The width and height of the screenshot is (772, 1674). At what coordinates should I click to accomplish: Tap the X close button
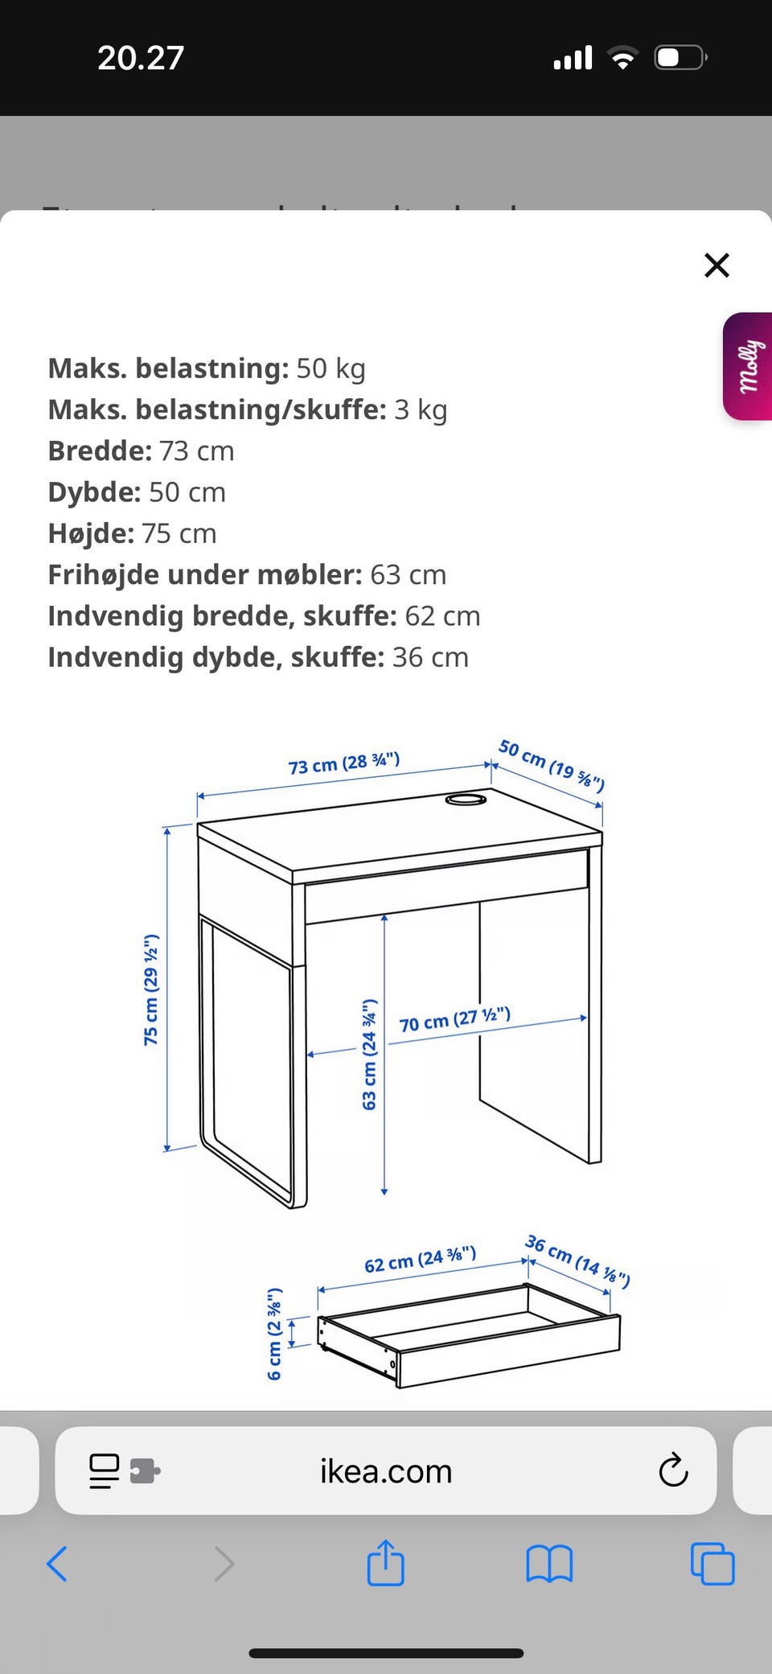coord(717,265)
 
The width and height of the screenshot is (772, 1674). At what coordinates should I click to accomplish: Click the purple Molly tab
coord(748,366)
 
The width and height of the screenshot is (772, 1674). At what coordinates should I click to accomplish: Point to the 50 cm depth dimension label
coord(552,765)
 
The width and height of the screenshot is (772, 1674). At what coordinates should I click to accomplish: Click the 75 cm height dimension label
coord(151,989)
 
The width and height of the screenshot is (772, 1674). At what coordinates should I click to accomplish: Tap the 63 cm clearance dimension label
coord(369,1055)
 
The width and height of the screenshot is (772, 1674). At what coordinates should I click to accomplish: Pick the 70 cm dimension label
coord(455,1020)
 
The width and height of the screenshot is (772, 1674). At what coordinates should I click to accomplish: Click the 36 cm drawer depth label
coord(577,1261)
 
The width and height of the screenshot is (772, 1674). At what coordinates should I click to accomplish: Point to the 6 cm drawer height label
coord(274,1334)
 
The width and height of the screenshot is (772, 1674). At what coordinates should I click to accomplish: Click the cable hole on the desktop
coord(466,800)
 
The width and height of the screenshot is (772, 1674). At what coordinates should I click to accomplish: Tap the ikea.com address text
coord(386,1471)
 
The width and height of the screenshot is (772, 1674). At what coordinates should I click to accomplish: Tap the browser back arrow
coord(57,1564)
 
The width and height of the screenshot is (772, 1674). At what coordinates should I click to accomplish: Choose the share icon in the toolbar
coord(385,1562)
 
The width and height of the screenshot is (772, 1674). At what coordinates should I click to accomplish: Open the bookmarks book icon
coord(549,1564)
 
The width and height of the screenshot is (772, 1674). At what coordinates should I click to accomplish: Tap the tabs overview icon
coord(712,1564)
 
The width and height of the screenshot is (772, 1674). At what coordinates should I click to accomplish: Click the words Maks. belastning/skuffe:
coord(217,409)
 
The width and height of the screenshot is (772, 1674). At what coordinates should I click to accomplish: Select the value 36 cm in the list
coord(430,657)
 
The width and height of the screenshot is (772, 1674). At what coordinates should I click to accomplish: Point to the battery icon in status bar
coord(680,58)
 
